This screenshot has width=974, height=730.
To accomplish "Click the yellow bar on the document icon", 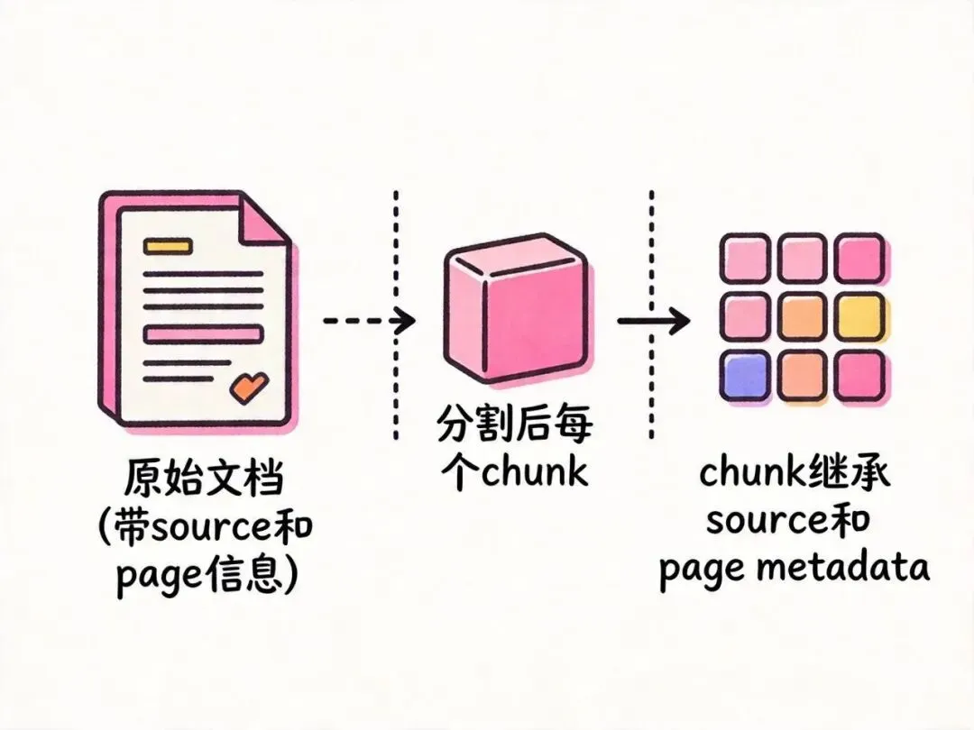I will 168,244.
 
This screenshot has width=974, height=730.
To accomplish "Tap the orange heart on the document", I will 249,387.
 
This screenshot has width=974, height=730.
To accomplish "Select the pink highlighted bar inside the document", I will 203,333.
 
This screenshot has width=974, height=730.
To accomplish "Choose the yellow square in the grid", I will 859,315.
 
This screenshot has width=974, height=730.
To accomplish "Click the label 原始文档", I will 203,479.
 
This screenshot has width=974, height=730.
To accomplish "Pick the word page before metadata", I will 700,570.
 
